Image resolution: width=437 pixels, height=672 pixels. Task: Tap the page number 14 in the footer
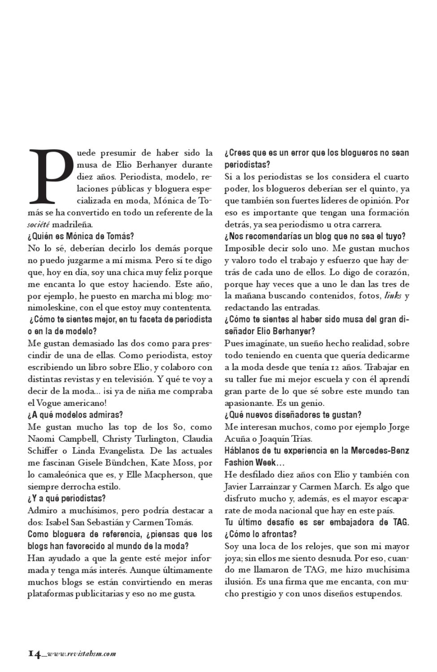click(x=35, y=653)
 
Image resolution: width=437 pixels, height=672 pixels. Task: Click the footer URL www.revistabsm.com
click(x=81, y=654)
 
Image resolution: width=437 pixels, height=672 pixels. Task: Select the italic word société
click(x=38, y=224)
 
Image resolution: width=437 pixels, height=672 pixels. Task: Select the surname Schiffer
click(x=43, y=450)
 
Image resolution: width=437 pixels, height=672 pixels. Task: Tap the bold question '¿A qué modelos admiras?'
click(x=75, y=415)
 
